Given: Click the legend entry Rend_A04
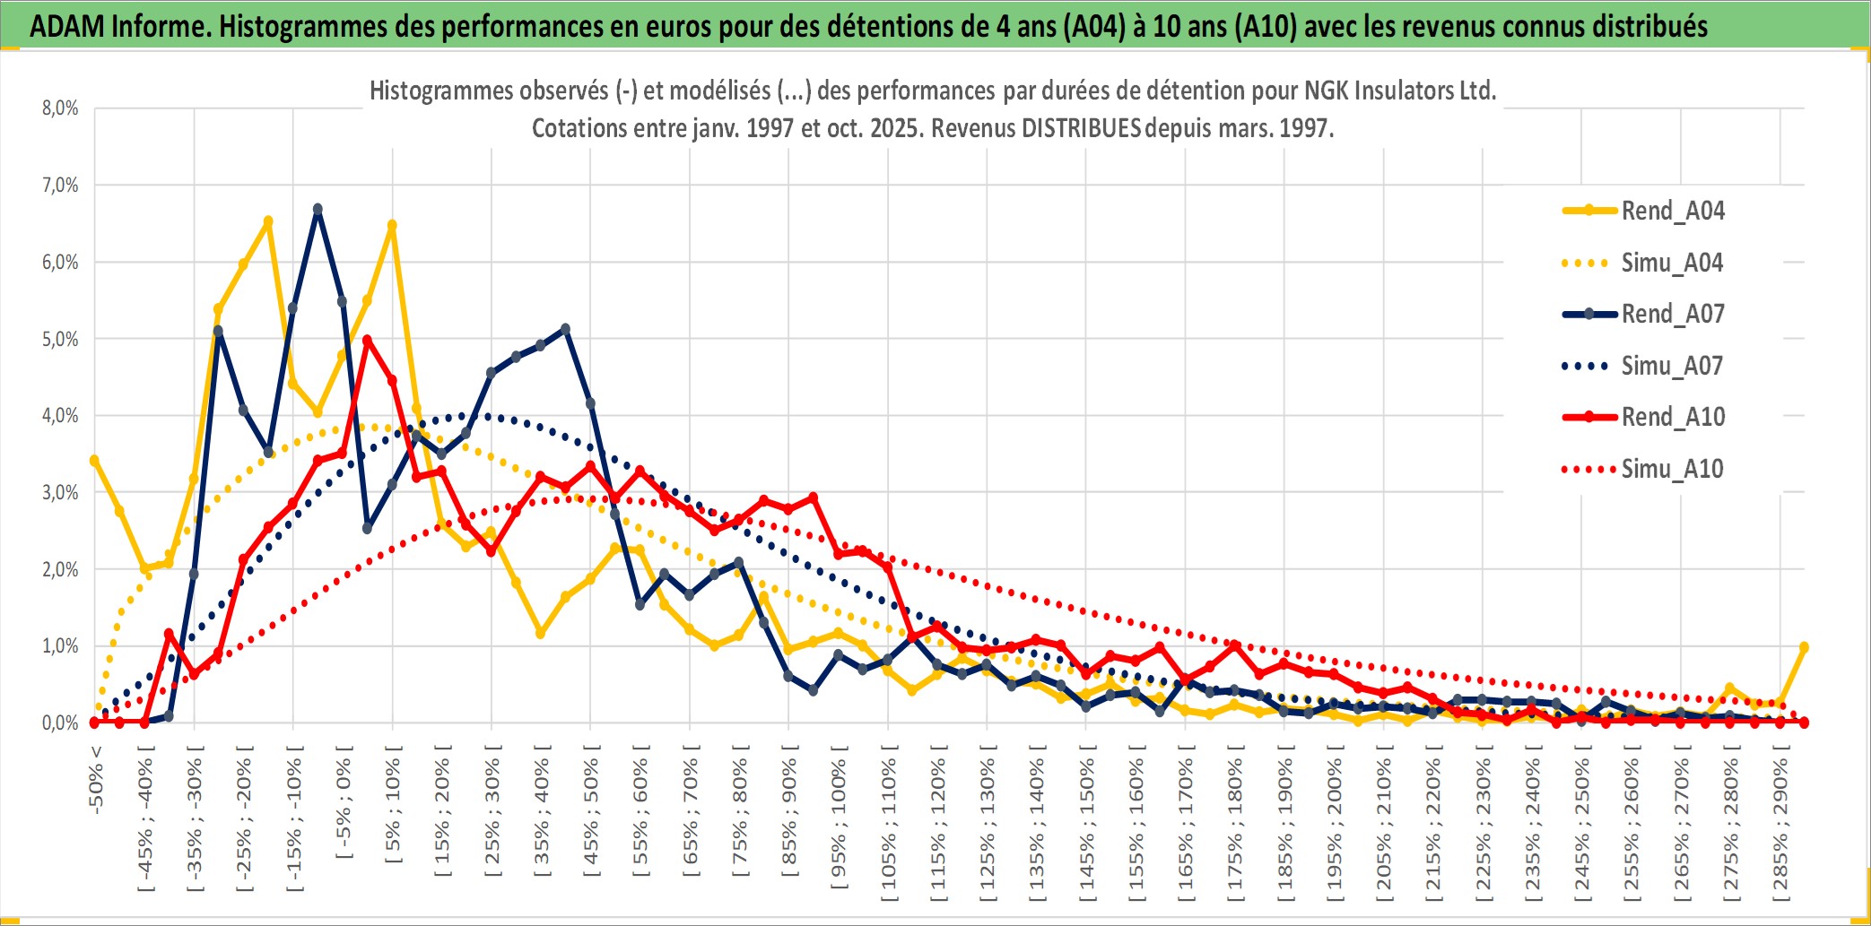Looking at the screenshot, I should tap(1672, 211).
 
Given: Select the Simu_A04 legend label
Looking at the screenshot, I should tap(1672, 263).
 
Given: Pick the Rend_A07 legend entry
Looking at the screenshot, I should tap(1672, 314).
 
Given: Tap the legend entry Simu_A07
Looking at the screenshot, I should tap(1672, 366).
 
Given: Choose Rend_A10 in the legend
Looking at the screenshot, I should tap(1672, 417).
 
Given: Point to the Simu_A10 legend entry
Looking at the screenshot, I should tap(1672, 469).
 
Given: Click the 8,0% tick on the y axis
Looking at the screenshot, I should tap(60, 108).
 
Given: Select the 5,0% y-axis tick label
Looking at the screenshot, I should tap(60, 339).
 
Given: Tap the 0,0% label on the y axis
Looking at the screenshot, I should tap(60, 723).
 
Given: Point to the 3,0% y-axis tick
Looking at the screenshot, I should tap(60, 492).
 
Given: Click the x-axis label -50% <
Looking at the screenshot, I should tap(95, 779).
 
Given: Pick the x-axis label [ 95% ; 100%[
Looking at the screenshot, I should tap(839, 825).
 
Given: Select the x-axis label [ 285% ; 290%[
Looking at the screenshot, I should tap(1780, 829).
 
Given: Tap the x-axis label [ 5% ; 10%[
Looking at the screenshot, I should tap(393, 811).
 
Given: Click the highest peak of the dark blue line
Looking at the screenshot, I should tap(318, 209).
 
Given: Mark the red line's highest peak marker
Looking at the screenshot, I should tap(368, 341).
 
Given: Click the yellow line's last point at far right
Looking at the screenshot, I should tap(1804, 647).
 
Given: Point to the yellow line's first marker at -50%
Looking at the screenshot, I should tap(94, 461).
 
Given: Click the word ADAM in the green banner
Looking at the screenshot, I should tap(65, 27).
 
